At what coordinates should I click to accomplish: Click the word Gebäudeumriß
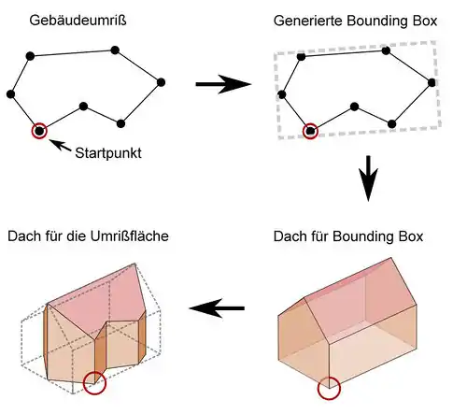[78, 21]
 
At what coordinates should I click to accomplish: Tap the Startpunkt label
[108, 153]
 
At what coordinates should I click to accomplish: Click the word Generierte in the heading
[308, 21]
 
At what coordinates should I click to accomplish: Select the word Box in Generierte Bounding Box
[425, 21]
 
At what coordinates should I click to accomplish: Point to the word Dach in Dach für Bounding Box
[290, 236]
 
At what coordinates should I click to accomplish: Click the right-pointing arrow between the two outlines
[223, 84]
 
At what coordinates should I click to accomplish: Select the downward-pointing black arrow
[368, 178]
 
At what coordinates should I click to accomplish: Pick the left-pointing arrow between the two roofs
[217, 308]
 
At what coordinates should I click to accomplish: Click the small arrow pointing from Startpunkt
[60, 145]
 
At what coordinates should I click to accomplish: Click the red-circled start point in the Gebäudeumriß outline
[39, 131]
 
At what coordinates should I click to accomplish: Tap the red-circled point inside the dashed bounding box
[310, 131]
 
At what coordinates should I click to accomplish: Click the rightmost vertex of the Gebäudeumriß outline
[161, 82]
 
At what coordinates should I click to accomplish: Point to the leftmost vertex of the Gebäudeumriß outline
[10, 94]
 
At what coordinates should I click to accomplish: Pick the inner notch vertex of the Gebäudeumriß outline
[83, 107]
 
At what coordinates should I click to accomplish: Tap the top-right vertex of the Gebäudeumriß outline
[115, 50]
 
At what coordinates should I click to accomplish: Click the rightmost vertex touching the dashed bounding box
[432, 82]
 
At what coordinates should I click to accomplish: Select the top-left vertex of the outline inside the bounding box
[301, 57]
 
